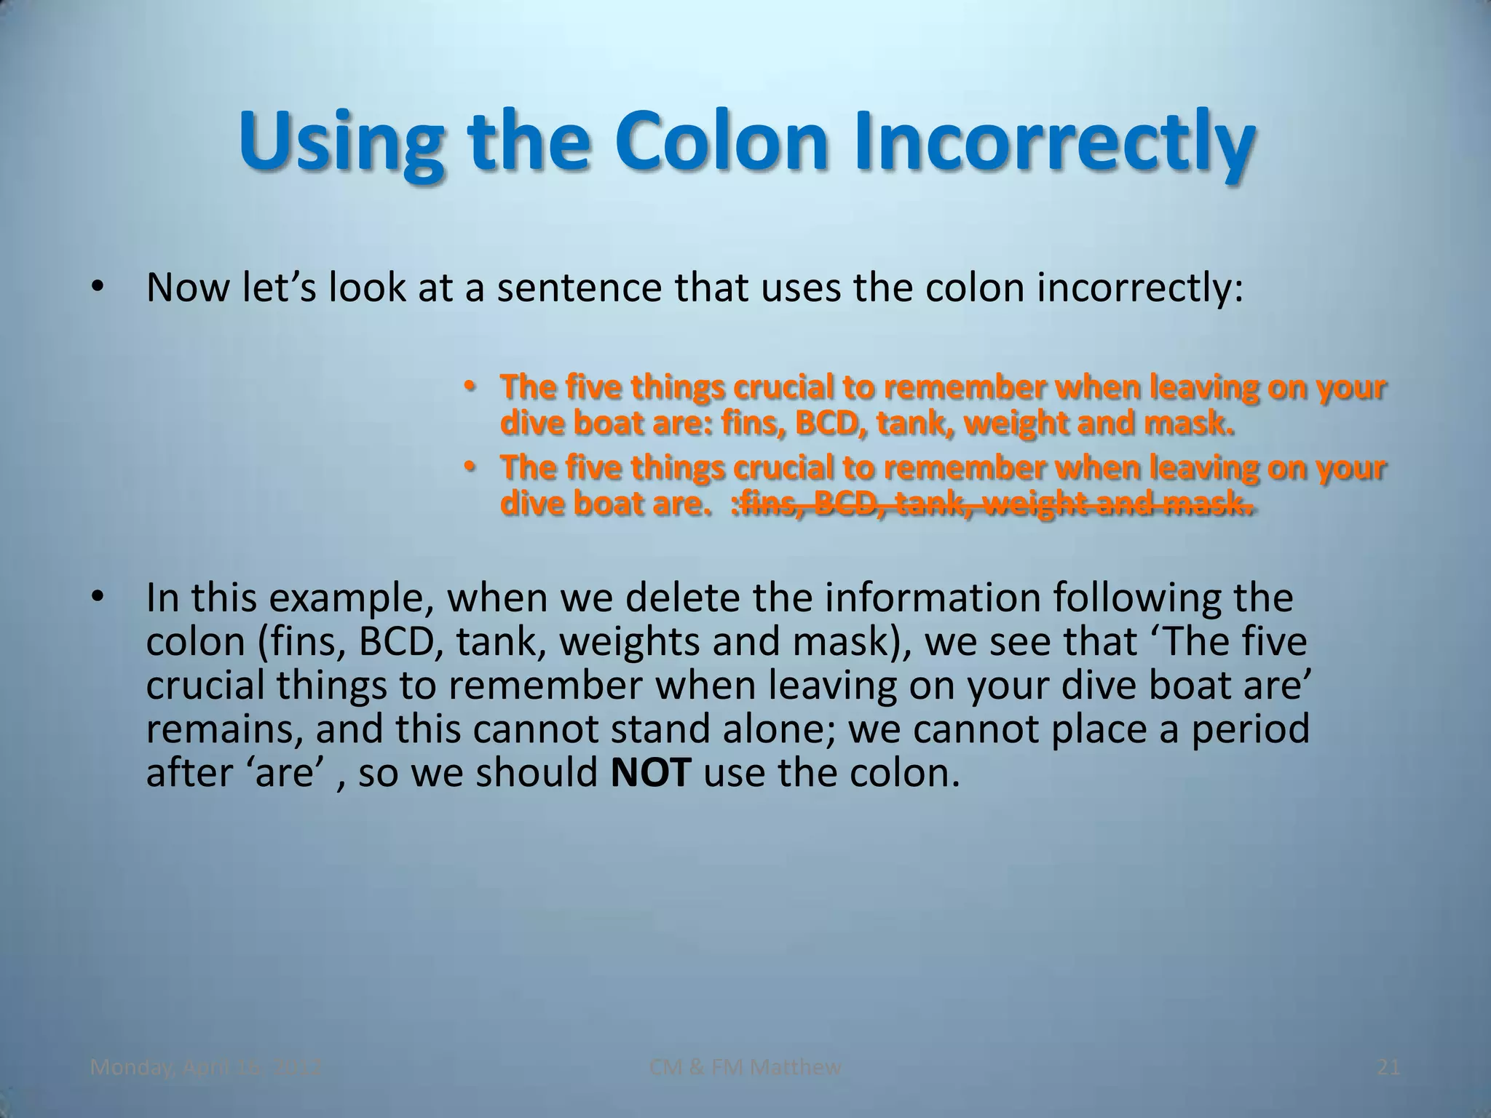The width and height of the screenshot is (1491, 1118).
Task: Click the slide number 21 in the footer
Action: coord(1388,1068)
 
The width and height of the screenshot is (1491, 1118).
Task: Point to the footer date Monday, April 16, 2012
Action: coord(205,1068)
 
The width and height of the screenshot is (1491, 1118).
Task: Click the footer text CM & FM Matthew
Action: coord(745,1068)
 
